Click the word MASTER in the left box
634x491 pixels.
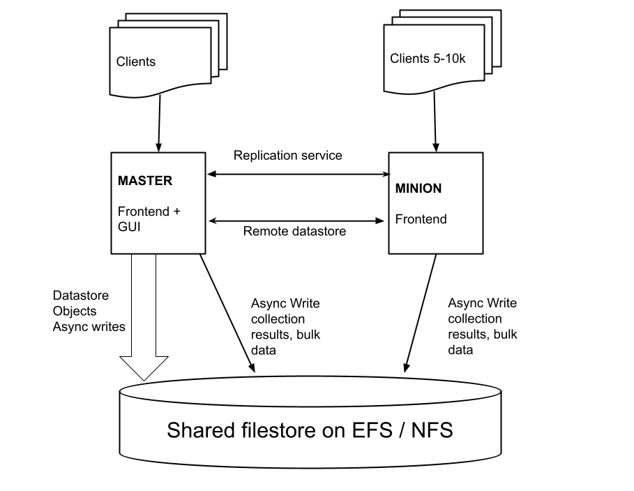[x=144, y=180]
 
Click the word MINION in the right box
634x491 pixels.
[x=418, y=189]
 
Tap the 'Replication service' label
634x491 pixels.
[x=287, y=155]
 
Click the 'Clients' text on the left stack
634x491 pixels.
[x=136, y=61]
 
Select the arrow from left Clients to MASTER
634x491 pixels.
[x=160, y=122]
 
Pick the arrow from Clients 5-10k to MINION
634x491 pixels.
[x=435, y=122]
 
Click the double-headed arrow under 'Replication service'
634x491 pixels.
[x=298, y=175]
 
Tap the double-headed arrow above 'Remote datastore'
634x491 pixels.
[x=298, y=221]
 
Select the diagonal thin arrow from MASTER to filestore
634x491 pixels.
[x=225, y=311]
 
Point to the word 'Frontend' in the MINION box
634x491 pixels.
[x=421, y=219]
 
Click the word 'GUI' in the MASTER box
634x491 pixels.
[x=129, y=227]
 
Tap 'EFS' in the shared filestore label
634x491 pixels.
[x=361, y=430]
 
